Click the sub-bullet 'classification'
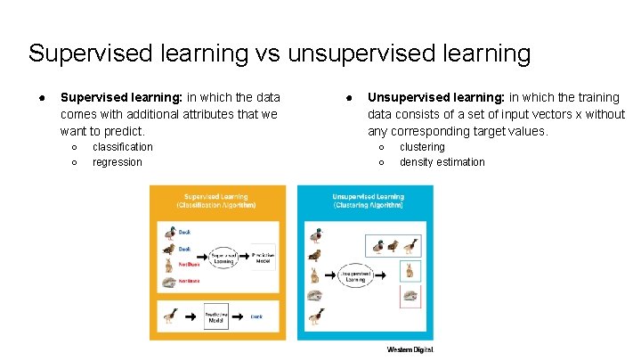click(123, 147)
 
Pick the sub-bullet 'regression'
click(118, 162)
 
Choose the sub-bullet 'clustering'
click(422, 147)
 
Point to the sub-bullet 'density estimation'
click(442, 162)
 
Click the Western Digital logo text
click(410, 349)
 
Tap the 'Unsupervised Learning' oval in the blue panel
click(348, 275)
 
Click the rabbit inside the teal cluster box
click(410, 271)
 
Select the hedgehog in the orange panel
click(169, 283)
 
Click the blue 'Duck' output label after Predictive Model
click(256, 316)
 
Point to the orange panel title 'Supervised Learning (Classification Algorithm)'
click(216, 201)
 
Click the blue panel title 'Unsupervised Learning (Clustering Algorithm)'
click(368, 201)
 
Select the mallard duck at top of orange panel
click(170, 234)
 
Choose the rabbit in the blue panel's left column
click(314, 275)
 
